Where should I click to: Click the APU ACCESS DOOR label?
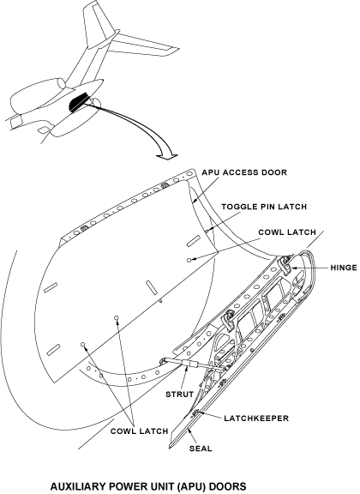point(244,172)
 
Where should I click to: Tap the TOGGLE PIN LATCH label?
point(264,207)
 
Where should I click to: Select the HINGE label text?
point(344,268)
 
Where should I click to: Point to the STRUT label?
point(179,395)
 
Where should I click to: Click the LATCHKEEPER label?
point(256,419)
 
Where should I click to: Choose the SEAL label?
point(201,449)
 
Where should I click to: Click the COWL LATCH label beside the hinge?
point(287,232)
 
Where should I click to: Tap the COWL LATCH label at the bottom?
point(139,431)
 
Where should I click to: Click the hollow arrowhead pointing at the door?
point(167,157)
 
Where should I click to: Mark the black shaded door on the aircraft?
point(79,101)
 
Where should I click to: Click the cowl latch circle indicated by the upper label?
point(189,260)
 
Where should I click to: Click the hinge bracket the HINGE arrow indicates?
point(286,265)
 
